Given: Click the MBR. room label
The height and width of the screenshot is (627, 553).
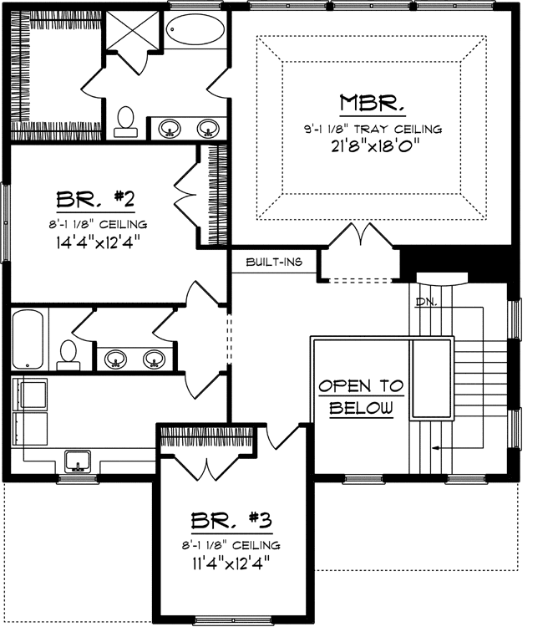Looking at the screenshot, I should pos(373,104).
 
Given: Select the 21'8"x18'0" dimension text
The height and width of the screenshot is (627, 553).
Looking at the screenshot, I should pos(373,145).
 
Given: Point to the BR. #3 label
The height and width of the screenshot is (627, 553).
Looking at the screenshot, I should pos(231,522).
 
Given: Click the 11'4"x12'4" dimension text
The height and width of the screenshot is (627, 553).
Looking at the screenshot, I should pos(231,563).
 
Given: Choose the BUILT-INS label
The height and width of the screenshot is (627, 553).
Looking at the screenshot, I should pos(273,263).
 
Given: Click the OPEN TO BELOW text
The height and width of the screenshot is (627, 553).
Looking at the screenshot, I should pos(360,397).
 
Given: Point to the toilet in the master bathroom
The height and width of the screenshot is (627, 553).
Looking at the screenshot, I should pos(127,121).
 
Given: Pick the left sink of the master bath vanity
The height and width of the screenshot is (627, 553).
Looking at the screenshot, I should pos(170,128).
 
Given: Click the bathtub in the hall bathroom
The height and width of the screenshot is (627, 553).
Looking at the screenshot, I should pos(28,339).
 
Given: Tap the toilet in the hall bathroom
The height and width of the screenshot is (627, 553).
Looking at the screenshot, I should pos(68,354).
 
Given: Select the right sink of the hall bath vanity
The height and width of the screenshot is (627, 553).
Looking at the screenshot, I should pos(153,359).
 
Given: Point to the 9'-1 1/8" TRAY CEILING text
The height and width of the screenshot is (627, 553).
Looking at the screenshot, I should pos(373,129).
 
